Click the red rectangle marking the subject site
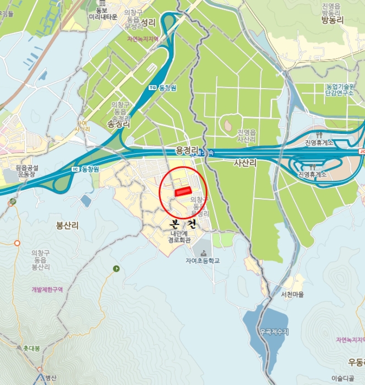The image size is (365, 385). tap(181, 192)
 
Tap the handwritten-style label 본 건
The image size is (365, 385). tap(184, 224)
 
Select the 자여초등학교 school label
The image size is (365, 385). tap(203, 261)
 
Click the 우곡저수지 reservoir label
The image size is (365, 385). tap(273, 332)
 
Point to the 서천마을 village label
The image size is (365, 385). tap(292, 295)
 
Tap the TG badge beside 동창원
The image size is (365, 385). tap(152, 88)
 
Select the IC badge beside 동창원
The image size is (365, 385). tap(75, 169)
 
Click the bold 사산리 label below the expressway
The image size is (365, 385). tap(245, 163)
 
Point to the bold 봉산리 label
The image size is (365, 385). tap(68, 226)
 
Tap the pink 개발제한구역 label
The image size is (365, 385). tap(47, 289)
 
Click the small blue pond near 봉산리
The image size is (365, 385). tap(85, 201)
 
